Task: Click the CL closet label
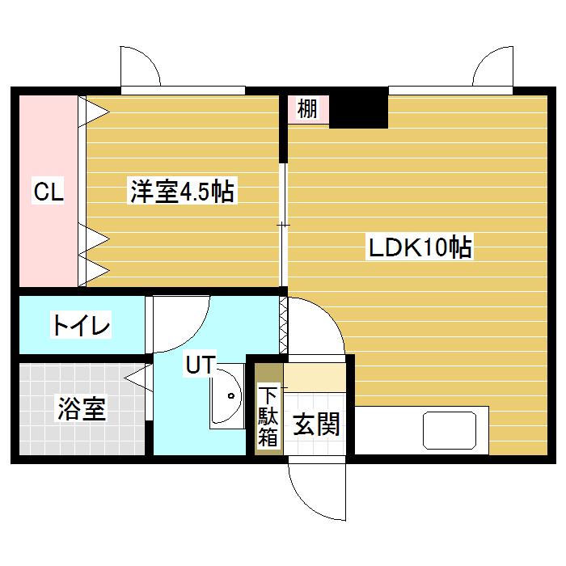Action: (49, 192)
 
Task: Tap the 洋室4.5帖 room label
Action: (182, 192)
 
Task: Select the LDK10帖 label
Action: (420, 247)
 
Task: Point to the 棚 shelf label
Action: (306, 109)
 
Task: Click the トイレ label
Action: (81, 326)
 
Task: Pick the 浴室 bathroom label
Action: (81, 409)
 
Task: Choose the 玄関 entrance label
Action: (315, 424)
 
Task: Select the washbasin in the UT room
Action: (228, 396)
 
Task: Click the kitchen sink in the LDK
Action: (451, 430)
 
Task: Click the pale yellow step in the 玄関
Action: (316, 376)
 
